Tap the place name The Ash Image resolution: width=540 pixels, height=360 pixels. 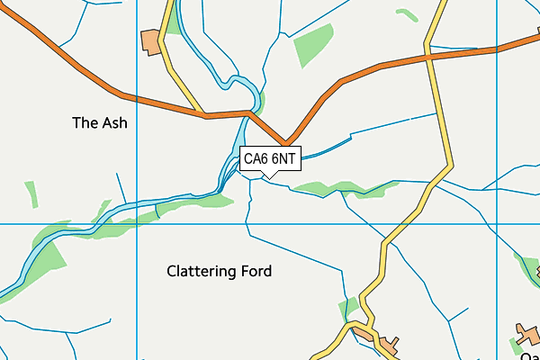[99, 123]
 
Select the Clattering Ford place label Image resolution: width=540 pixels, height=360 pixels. [219, 271]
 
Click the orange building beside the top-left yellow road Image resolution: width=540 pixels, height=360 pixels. [150, 41]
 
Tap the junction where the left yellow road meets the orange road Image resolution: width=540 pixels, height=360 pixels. [206, 114]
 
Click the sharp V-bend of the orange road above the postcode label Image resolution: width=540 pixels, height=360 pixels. [285, 143]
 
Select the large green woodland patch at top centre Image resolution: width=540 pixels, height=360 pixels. [314, 46]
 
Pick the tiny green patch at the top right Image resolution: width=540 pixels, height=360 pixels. [408, 14]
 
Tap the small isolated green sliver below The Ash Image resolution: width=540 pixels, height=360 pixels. [32, 194]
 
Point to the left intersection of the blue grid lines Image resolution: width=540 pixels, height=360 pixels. [136, 223]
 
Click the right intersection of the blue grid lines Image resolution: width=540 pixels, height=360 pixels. [498, 223]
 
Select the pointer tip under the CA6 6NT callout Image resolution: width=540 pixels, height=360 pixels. [263, 175]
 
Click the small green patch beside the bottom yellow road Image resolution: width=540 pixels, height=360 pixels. [350, 307]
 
